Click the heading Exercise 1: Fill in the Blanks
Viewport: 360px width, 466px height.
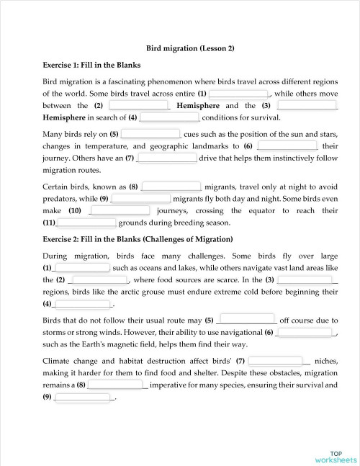tap(91, 65)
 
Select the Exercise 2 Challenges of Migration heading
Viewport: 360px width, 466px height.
tap(138, 239)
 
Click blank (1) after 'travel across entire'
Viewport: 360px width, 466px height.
tap(238, 94)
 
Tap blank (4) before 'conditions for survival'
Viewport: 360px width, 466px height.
tap(169, 117)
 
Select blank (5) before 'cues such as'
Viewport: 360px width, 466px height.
tap(150, 134)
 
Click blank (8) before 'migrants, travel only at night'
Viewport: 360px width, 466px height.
tap(171, 187)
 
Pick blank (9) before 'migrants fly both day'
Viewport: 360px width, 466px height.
tap(141, 199)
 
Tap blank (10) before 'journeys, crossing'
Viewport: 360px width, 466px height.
tap(120, 211)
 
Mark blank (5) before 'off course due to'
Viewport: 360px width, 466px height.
tap(246, 320)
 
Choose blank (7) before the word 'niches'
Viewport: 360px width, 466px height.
tap(276, 361)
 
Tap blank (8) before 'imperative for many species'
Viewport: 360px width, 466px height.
tap(117, 385)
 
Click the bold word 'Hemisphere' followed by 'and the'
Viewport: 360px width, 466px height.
tap(198, 105)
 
